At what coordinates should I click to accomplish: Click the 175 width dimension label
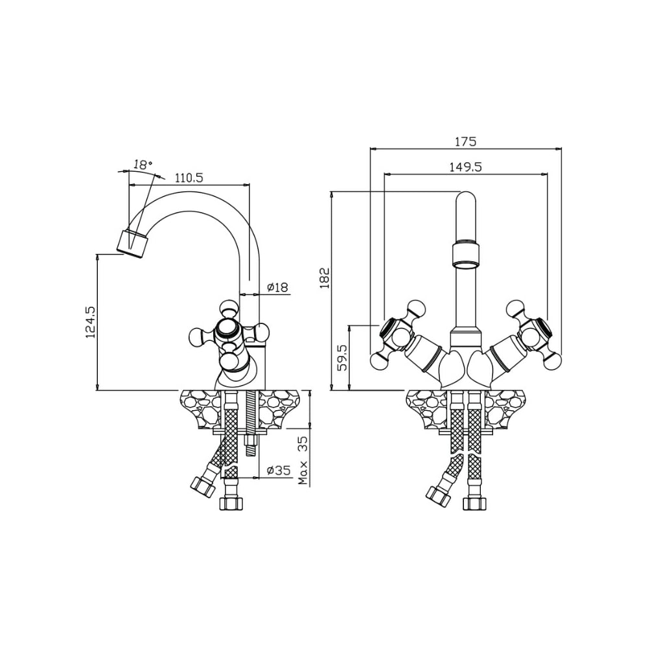tap(466, 142)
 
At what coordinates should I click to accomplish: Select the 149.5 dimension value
tap(466, 167)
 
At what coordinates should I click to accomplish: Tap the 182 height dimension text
tap(325, 278)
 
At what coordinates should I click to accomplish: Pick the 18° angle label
tap(142, 165)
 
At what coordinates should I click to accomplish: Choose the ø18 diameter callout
tap(277, 287)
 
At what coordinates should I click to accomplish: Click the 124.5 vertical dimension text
tap(90, 323)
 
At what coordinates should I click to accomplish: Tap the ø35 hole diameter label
tap(279, 470)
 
